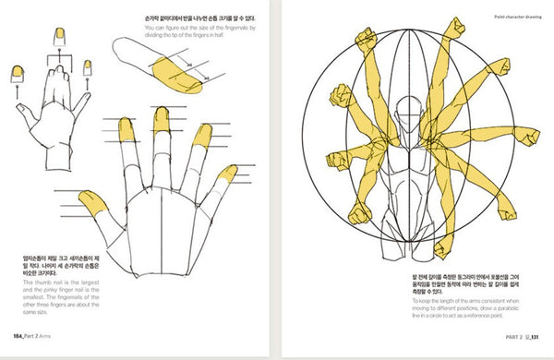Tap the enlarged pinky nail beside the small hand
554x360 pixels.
(90, 66)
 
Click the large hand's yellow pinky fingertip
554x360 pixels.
(229, 174)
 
